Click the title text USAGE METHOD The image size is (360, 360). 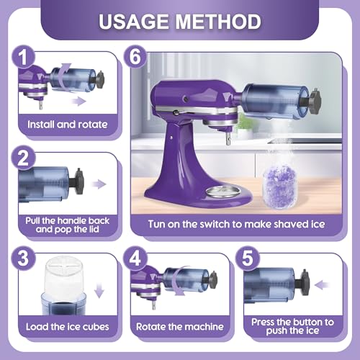click(x=180, y=21)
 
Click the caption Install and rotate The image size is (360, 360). click(x=67, y=124)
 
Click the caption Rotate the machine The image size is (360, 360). click(x=181, y=326)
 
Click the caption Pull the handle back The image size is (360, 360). click(x=67, y=225)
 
